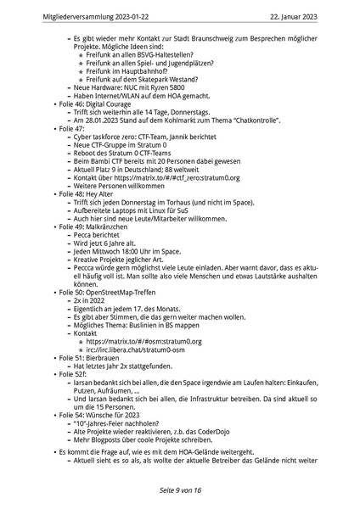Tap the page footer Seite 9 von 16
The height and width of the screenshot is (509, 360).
click(179, 490)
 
